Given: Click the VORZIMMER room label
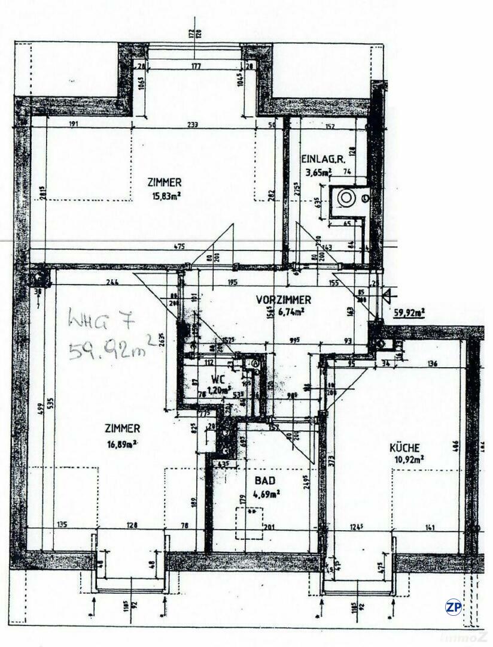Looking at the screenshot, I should [x=283, y=300].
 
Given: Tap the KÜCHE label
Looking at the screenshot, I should [x=405, y=448].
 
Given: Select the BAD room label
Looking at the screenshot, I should [x=262, y=480].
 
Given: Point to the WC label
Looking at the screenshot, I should [x=218, y=379].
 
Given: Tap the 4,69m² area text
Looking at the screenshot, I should [x=266, y=494].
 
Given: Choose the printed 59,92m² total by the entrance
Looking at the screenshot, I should [x=409, y=312].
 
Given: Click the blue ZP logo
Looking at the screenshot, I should [x=454, y=607].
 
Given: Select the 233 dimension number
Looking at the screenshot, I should [x=192, y=125].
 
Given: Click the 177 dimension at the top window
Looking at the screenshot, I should [x=195, y=66].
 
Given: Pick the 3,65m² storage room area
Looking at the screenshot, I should [x=317, y=172].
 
